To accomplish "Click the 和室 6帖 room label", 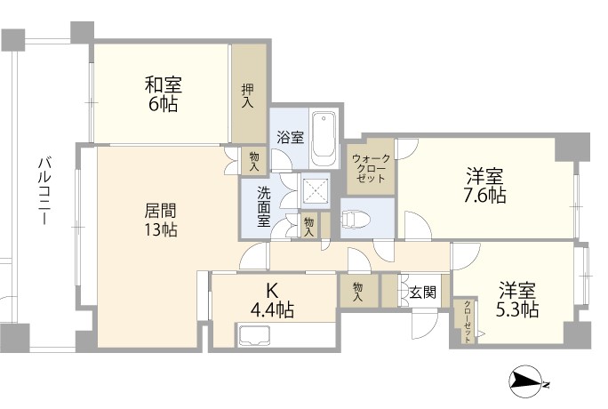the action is point(163,94).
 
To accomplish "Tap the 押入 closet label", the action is point(248,96).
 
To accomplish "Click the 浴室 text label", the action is point(291,137).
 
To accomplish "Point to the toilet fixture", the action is point(352,218).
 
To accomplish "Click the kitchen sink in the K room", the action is point(254,335).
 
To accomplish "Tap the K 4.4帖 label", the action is point(272,300).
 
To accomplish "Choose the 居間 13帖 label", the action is point(161,220).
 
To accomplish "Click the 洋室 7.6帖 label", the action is point(484,186).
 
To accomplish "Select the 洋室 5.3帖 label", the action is point(517,300).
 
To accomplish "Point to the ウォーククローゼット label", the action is point(371,169).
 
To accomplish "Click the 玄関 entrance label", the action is point(423,292).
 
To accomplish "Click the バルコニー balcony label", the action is point(45,191).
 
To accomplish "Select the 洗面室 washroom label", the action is point(264,207).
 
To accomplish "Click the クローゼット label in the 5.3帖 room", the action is point(468,321).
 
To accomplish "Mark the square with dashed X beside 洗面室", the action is point(316,190).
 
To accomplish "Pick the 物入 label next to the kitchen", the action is point(357,292).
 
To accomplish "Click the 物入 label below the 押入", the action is point(254,161).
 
